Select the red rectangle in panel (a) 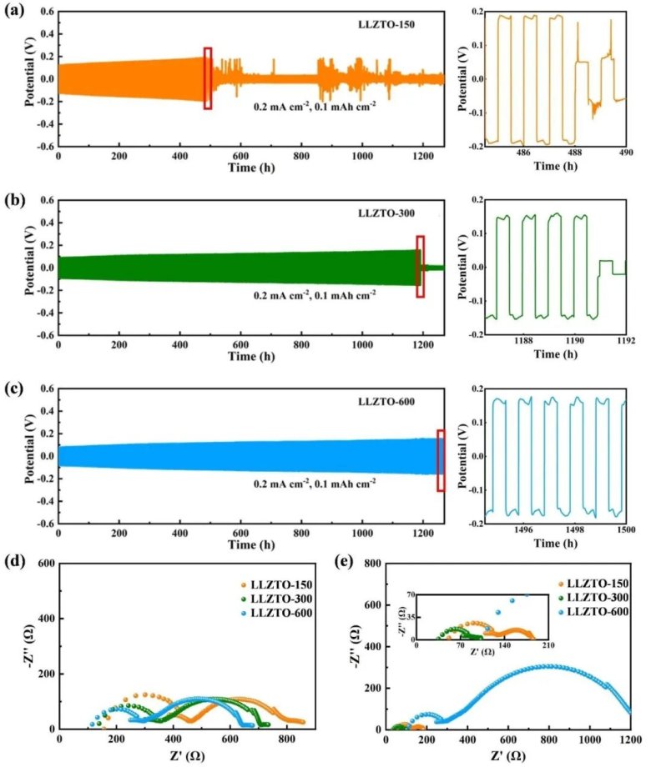tap(208, 78)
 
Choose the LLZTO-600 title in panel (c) tap(376, 404)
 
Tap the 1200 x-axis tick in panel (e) tap(630, 739)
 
